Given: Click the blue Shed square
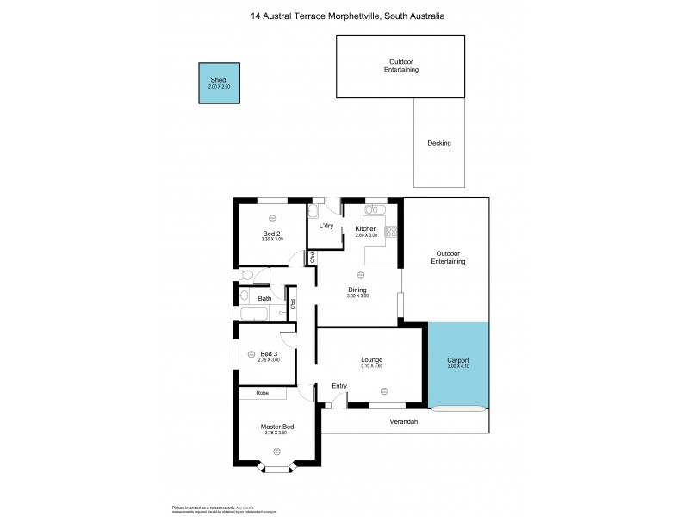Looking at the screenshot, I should pyautogui.click(x=220, y=84).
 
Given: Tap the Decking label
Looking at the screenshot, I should pyautogui.click(x=439, y=143).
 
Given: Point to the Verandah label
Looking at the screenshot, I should pyautogui.click(x=404, y=421).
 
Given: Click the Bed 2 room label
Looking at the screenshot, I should pyautogui.click(x=271, y=233).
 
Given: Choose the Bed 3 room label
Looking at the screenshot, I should pyautogui.click(x=269, y=353).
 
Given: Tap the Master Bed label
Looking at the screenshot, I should pyautogui.click(x=277, y=427).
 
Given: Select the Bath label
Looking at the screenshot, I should pyautogui.click(x=264, y=299).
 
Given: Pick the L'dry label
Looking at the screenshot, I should pyautogui.click(x=326, y=227).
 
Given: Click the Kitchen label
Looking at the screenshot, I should pyautogui.click(x=367, y=228).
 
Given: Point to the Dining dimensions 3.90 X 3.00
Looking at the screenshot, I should pyautogui.click(x=357, y=296).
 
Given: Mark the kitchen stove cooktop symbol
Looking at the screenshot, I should pyautogui.click(x=390, y=230).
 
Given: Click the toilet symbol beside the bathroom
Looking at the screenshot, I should pyautogui.click(x=246, y=276).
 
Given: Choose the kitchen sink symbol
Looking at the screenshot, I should pyautogui.click(x=376, y=209).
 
